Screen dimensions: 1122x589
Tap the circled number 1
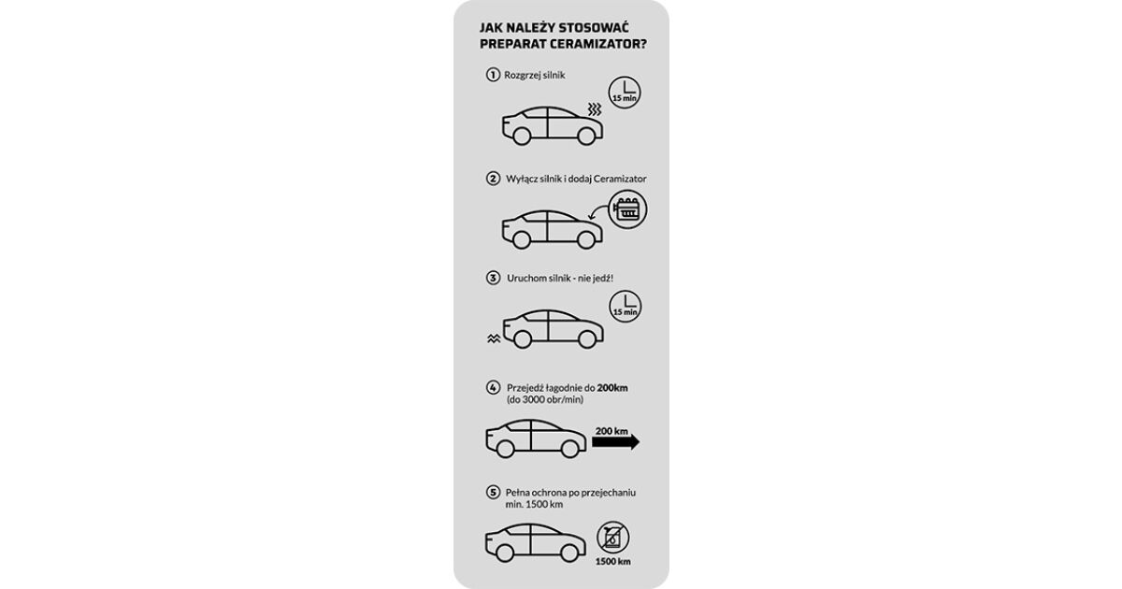pos(493,75)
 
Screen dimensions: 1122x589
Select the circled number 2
pos(493,179)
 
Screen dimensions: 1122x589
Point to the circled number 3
pos(493,278)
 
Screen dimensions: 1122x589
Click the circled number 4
pos(493,388)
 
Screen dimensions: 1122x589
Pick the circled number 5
pos(493,493)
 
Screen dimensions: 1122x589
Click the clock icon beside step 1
pos(625,93)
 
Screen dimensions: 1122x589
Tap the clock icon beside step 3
pos(626,307)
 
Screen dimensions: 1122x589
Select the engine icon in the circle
pos(627,209)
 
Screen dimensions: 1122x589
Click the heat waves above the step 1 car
pos(595,109)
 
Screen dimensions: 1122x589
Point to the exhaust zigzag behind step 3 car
pos(494,339)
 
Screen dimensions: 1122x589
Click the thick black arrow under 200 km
pos(615,441)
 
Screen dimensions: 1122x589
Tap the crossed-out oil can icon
pos(612,538)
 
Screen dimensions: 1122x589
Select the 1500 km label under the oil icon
pos(613,562)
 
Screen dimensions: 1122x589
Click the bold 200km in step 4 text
pos(612,388)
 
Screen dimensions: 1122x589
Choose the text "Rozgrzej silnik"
pos(535,75)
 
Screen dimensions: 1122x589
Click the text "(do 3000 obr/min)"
pos(545,400)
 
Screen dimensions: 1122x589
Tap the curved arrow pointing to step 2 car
pos(598,212)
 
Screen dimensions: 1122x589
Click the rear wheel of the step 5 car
pos(504,553)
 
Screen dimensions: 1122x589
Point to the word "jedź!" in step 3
pos(602,279)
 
